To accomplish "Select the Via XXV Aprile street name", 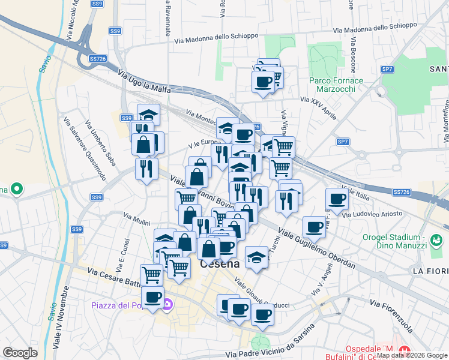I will [x=318, y=107].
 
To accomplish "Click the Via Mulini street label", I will [x=136, y=218].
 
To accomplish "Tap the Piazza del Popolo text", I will [x=125, y=305].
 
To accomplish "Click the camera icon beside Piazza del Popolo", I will [x=169, y=305].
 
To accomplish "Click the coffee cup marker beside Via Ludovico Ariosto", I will [x=337, y=199].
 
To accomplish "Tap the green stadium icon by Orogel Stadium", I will [x=436, y=242].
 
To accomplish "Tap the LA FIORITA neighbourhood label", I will [x=430, y=271].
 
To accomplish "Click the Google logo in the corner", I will [x=20, y=353].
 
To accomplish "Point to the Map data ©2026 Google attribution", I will [x=411, y=355].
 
